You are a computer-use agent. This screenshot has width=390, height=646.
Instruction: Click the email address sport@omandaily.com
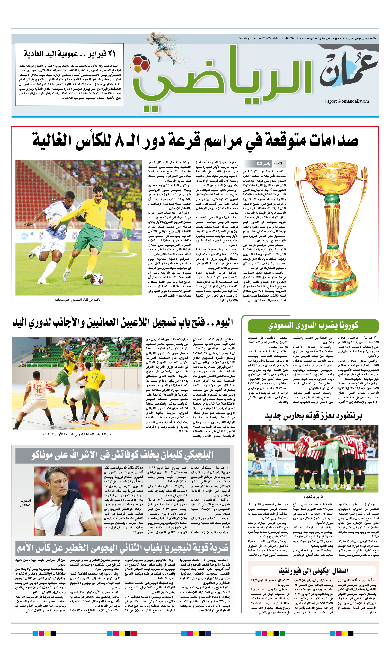(x=348, y=101)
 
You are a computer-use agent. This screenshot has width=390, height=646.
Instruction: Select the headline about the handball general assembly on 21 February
(x=70, y=54)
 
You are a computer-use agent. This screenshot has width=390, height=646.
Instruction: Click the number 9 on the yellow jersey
(x=100, y=209)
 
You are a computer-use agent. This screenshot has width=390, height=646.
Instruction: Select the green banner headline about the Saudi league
(x=313, y=326)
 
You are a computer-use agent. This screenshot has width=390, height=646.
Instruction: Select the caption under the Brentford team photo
(x=313, y=497)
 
